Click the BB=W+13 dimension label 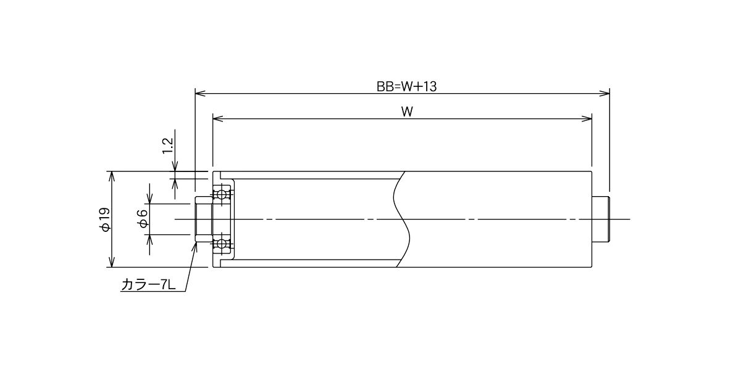pyautogui.click(x=406, y=86)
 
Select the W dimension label pyautogui.click(x=407, y=112)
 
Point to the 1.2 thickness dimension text pyautogui.click(x=169, y=146)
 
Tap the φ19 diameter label pyautogui.click(x=105, y=220)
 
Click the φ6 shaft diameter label pyautogui.click(x=143, y=219)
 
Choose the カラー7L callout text pyautogui.click(x=149, y=285)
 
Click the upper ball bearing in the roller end pyautogui.click(x=222, y=194)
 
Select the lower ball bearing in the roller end pyautogui.click(x=222, y=244)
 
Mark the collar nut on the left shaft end pyautogui.click(x=204, y=220)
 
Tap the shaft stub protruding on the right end pyautogui.click(x=600, y=220)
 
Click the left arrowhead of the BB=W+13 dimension pyautogui.click(x=200, y=94)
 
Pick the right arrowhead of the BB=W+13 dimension pyautogui.click(x=605, y=94)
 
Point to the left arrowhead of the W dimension pyautogui.click(x=217, y=119)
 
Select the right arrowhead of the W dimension pyautogui.click(x=587, y=119)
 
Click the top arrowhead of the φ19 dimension pyautogui.click(x=112, y=176)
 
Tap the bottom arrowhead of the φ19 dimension pyautogui.click(x=112, y=262)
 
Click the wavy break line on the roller pyautogui.click(x=401, y=220)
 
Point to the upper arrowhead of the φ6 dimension pyautogui.click(x=150, y=199)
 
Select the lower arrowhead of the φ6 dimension pyautogui.click(x=150, y=239)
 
